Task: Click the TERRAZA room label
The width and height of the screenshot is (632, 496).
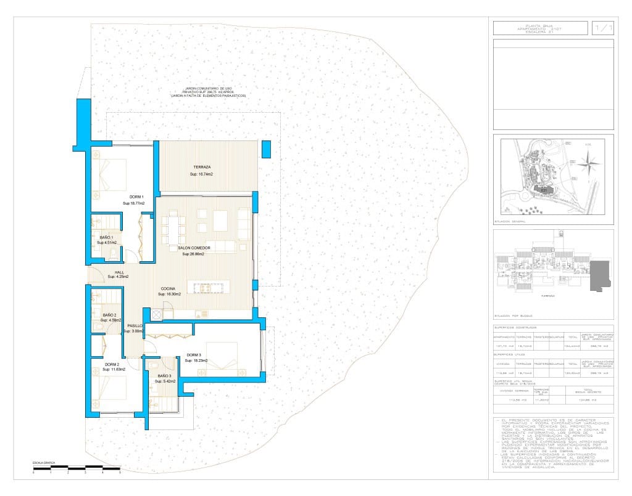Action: [202, 168]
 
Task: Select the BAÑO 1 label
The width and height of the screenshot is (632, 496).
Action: [106, 237]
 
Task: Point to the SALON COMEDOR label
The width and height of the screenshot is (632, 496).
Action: [194, 248]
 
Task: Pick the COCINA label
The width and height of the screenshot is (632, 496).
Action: [168, 288]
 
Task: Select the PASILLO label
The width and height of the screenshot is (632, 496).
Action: [135, 325]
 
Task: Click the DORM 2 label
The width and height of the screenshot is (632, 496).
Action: [112, 364]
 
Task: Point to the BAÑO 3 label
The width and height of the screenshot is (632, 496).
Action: [164, 376]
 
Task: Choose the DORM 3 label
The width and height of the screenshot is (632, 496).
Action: [194, 355]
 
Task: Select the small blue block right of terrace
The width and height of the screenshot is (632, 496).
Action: [266, 148]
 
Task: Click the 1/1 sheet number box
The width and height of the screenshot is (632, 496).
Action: [603, 28]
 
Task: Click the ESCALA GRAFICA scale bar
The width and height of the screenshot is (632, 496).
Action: [77, 470]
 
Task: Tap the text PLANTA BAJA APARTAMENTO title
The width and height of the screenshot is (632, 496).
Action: [540, 28]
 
